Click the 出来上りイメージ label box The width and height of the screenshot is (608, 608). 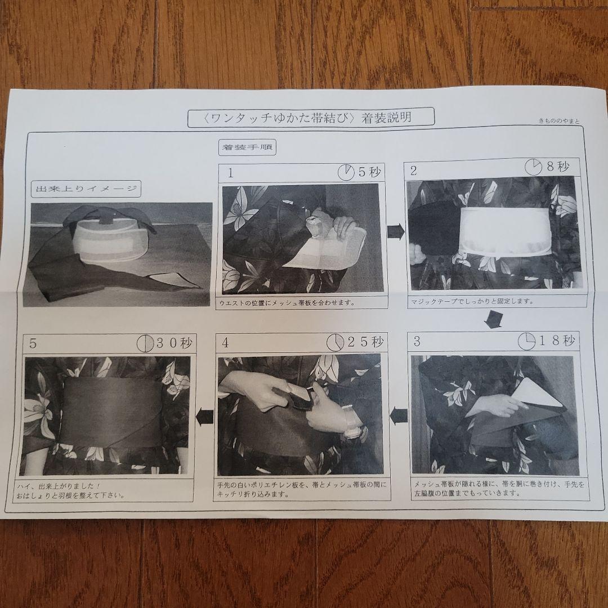(86, 189)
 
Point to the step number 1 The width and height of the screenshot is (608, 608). (230, 173)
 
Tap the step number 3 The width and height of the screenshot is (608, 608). (417, 341)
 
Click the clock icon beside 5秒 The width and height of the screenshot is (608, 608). (346, 172)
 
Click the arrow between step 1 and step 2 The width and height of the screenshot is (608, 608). (396, 231)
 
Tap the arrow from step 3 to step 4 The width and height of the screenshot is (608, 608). (399, 415)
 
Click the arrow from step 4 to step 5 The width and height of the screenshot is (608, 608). (204, 417)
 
